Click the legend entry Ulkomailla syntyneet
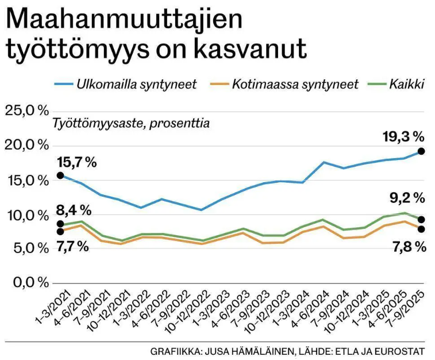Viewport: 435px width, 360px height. pos(136,85)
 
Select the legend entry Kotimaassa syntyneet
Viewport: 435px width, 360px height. pos(295,85)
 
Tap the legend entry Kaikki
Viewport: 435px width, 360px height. pos(406,85)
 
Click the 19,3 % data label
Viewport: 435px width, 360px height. pos(403,137)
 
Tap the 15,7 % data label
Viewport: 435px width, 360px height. pos(75,162)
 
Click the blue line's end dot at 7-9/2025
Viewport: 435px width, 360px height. pos(421,151)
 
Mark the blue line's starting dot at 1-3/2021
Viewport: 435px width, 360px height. pos(60,175)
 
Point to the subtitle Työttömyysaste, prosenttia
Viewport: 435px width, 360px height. pos(131,123)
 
